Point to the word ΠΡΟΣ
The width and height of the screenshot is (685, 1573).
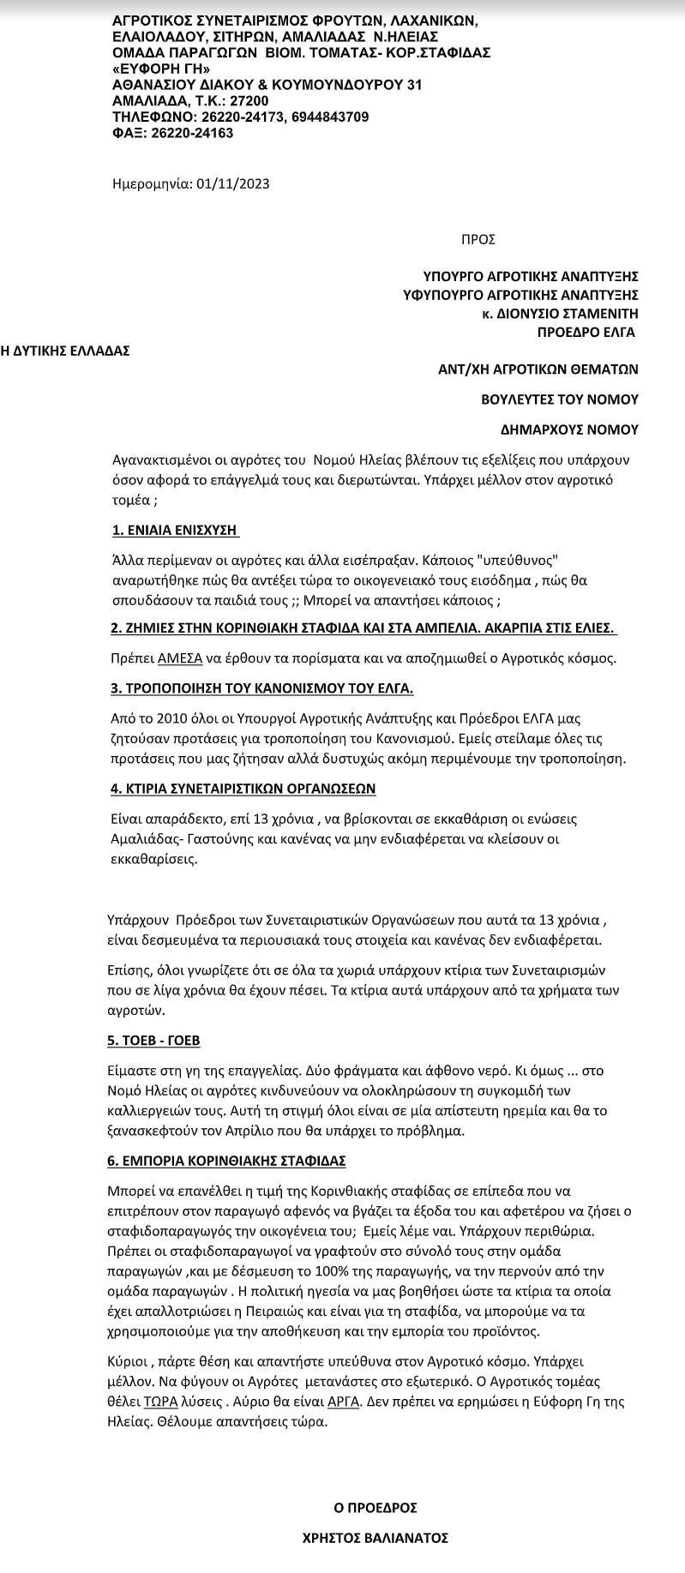(x=478, y=240)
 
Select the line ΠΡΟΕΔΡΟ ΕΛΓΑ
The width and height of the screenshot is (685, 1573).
(x=586, y=332)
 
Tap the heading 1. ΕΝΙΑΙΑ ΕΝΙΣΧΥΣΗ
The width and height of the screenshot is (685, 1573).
(x=176, y=530)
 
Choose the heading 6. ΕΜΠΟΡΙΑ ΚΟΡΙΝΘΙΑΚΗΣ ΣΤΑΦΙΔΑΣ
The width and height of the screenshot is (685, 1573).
(x=229, y=1161)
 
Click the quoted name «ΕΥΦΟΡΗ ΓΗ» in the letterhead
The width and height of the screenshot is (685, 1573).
(x=160, y=69)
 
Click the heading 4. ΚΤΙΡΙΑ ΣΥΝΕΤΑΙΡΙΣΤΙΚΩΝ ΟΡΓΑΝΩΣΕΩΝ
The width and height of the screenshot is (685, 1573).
(x=243, y=788)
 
